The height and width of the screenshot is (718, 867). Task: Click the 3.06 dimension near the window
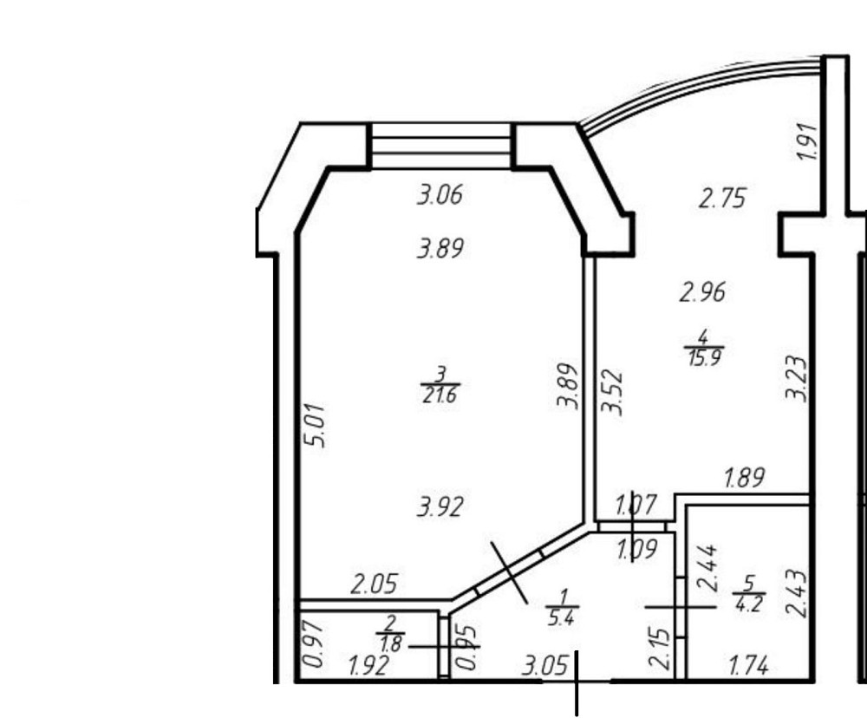point(440,194)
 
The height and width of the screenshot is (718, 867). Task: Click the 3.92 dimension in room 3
point(440,506)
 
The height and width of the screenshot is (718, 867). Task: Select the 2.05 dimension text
point(374,585)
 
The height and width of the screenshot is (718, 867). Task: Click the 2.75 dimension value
point(722,199)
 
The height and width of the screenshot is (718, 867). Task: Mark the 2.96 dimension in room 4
point(702,292)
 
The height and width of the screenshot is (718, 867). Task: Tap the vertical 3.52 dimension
point(613,393)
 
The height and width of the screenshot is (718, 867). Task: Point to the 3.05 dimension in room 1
point(544,666)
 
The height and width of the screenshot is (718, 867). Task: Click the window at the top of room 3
point(441,145)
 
